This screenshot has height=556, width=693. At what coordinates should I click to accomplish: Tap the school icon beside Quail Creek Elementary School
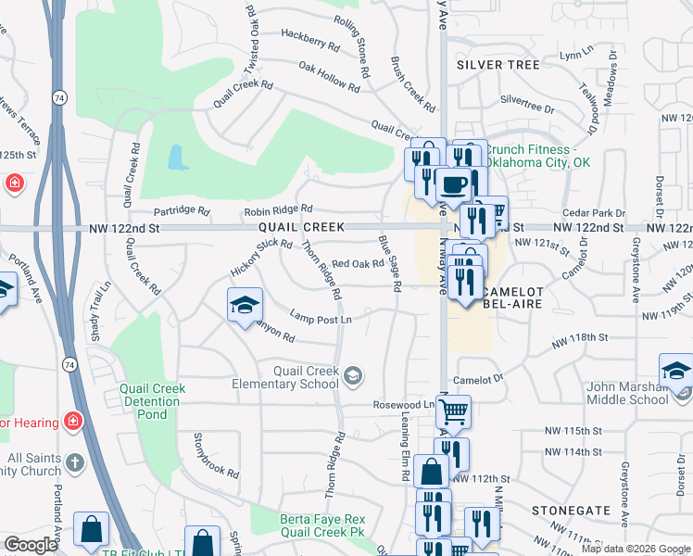(352, 375)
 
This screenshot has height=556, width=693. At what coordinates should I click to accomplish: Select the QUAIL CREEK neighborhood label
(301, 227)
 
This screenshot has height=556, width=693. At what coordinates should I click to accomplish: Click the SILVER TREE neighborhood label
(498, 65)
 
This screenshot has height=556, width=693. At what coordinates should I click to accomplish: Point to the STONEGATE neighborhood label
(571, 511)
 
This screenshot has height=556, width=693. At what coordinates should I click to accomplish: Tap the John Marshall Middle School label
(627, 393)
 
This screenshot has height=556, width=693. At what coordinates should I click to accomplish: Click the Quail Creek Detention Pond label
(152, 401)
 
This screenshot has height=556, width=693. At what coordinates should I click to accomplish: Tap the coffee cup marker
(453, 184)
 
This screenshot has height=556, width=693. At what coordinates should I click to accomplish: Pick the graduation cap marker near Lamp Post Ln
(245, 305)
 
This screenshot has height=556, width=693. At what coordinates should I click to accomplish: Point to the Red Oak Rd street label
(358, 264)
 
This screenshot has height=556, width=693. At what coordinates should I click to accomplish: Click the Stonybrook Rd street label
(216, 453)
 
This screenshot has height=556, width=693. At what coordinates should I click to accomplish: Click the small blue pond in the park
(177, 157)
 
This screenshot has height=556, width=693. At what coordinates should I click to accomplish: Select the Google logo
(31, 545)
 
